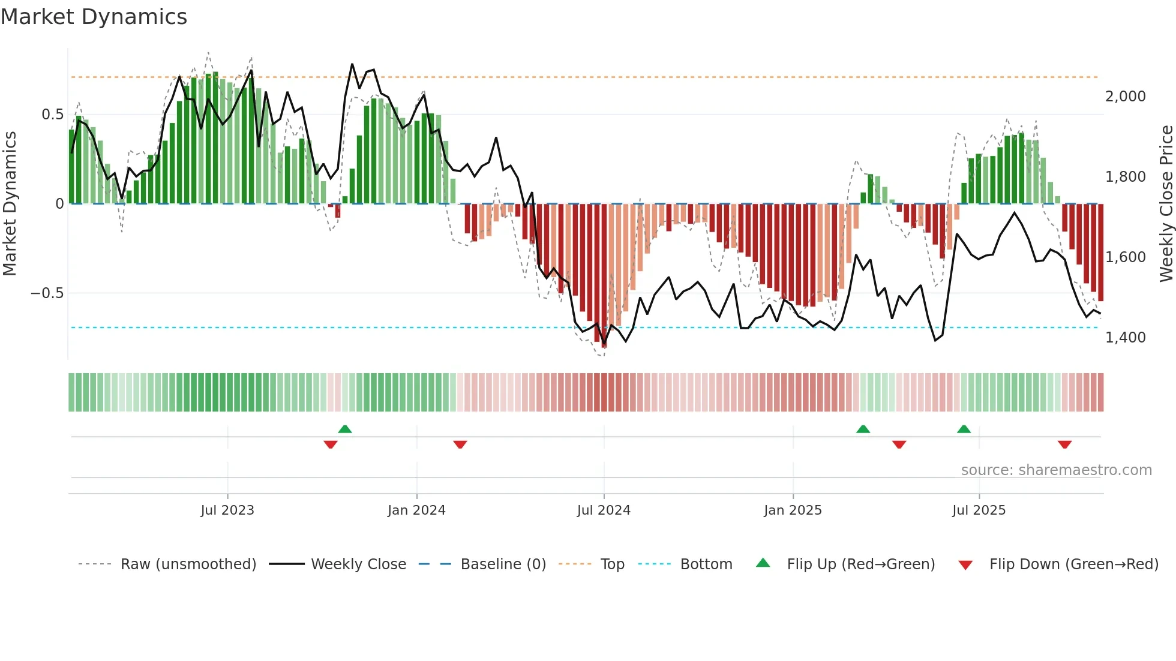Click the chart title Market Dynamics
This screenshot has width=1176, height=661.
click(94, 17)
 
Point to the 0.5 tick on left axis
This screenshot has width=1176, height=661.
click(52, 115)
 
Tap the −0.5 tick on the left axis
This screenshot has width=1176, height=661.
click(47, 293)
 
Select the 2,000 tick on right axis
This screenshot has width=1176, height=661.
click(1125, 97)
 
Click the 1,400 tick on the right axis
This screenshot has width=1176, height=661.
click(1125, 338)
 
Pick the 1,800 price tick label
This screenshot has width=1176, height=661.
click(1125, 177)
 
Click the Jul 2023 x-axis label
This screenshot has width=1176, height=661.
click(227, 510)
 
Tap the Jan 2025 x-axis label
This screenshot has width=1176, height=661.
click(793, 510)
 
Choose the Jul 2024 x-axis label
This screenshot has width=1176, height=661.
click(604, 510)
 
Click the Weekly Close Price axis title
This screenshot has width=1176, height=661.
click(1166, 204)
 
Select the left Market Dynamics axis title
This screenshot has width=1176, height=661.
click(10, 204)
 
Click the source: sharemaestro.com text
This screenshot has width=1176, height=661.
click(1056, 470)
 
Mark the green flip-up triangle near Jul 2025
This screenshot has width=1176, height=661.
click(964, 429)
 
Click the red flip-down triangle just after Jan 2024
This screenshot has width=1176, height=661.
click(460, 444)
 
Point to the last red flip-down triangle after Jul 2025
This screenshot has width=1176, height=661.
click(1064, 444)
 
